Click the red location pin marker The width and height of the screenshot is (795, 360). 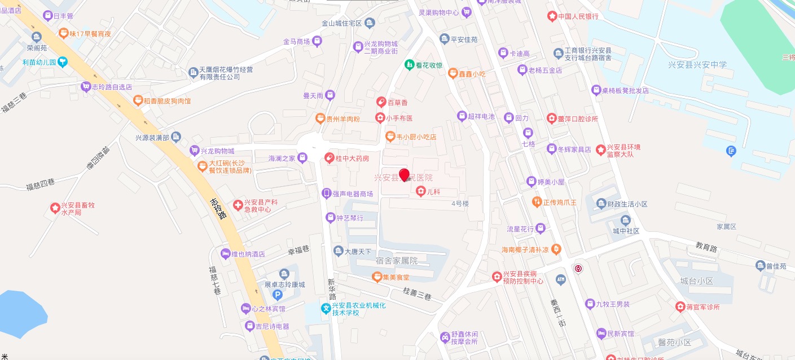point(404,174)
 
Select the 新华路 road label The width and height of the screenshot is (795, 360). point(332,288)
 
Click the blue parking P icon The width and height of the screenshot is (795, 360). point(278,295)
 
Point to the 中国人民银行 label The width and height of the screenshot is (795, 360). point(578,16)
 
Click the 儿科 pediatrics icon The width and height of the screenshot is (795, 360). point(420,192)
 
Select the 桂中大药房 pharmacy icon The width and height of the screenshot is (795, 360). point(330,159)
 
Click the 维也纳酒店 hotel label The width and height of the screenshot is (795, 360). point(248,254)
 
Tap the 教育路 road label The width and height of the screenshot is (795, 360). point(706,247)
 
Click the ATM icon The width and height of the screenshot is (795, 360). point(560,279)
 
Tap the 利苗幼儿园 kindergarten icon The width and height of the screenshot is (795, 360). point(63,62)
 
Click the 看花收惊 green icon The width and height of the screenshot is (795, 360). point(409,65)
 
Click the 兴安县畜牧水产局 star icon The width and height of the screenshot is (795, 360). point(55,208)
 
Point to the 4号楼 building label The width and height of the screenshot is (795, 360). point(460,203)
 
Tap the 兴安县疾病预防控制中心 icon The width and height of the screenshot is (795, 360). point(497,276)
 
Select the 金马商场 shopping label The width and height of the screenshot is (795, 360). point(296,42)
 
